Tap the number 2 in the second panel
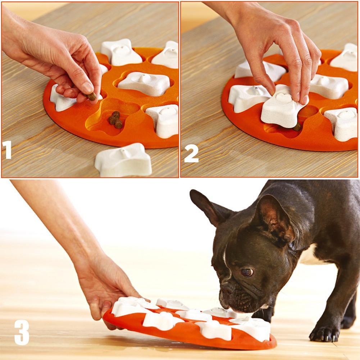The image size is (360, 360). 191,154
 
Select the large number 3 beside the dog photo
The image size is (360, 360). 22,332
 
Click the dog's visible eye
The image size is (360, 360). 247,272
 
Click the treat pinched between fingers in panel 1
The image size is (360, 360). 92,96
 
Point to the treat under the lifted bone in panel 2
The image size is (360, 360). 297,127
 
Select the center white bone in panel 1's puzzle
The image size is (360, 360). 144,83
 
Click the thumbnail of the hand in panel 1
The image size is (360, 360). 87,87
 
